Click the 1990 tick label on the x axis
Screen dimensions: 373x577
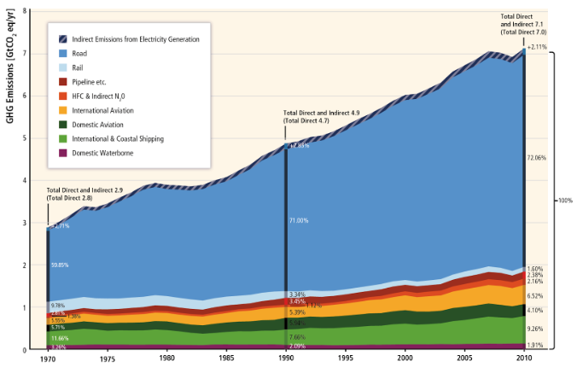pyautogui.click(x=286, y=359)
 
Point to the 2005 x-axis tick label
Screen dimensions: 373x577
pyautogui.click(x=464, y=359)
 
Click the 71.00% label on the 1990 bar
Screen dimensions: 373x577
pyautogui.click(x=299, y=220)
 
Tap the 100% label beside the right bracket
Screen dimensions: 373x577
pyautogui.click(x=565, y=200)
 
